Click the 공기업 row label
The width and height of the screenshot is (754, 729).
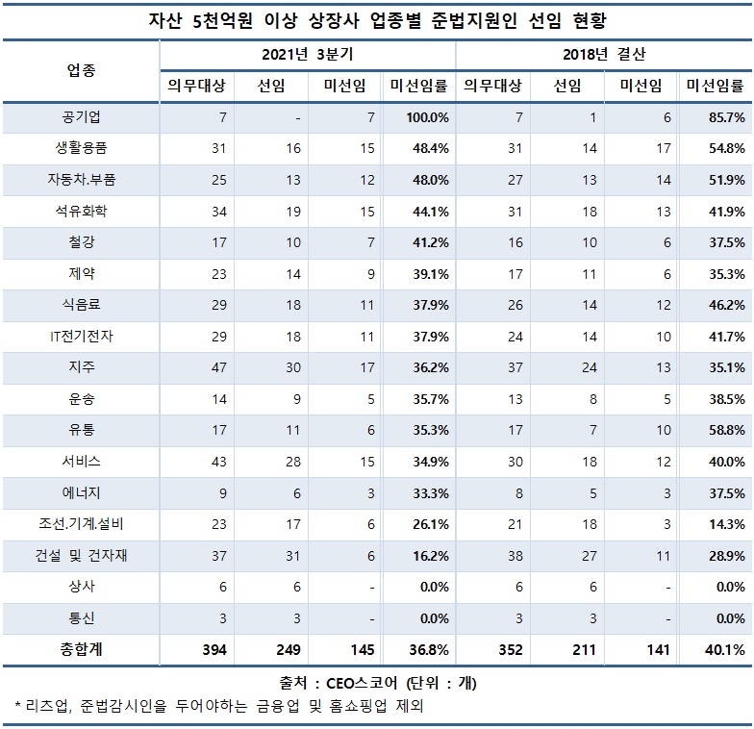(x=82, y=117)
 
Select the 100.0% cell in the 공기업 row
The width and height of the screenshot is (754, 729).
(x=418, y=117)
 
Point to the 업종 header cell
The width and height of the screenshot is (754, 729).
(x=82, y=70)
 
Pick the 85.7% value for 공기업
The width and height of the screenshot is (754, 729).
(x=717, y=117)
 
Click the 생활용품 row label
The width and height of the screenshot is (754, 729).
(x=82, y=148)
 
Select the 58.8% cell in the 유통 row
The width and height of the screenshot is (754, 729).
(x=717, y=430)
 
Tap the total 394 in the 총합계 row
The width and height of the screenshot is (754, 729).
(x=208, y=650)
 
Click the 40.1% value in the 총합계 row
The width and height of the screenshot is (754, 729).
(x=717, y=650)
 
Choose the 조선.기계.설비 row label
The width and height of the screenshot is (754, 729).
(x=82, y=524)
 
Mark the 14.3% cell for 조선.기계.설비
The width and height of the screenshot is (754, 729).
(x=717, y=524)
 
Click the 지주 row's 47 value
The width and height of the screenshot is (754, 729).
(x=208, y=367)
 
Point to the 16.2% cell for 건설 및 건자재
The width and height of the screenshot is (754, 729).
(x=418, y=556)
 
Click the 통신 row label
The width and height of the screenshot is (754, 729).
(x=82, y=618)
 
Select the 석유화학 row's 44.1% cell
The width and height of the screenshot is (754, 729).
(x=418, y=211)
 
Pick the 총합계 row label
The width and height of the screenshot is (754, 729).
(x=82, y=650)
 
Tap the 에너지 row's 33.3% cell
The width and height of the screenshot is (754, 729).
(x=418, y=492)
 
